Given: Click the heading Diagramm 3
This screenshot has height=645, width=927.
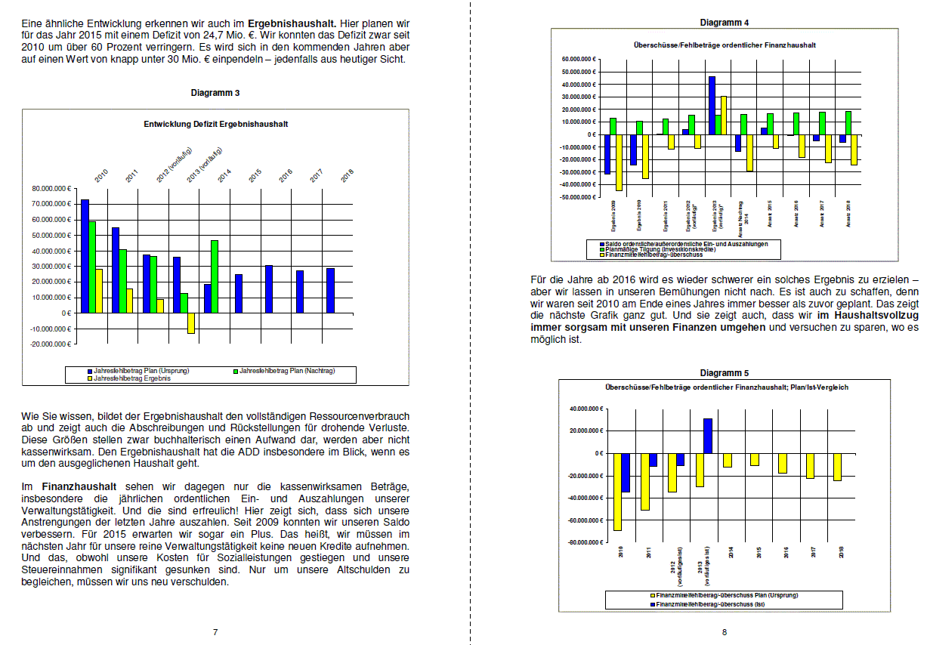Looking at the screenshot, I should pyautogui.click(x=215, y=92).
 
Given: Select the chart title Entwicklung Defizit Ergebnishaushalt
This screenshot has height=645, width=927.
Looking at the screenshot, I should pyautogui.click(x=215, y=124).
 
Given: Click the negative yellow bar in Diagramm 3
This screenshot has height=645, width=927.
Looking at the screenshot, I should pyautogui.click(x=191, y=322).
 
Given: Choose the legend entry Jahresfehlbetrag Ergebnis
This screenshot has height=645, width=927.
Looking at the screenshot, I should pyautogui.click(x=131, y=378).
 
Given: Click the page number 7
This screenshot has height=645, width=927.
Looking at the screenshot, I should pyautogui.click(x=215, y=631).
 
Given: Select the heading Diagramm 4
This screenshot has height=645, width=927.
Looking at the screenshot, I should pyautogui.click(x=724, y=22).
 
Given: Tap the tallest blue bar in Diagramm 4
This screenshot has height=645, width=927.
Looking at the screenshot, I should pyautogui.click(x=711, y=105).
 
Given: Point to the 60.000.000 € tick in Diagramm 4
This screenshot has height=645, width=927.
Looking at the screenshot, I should pyautogui.click(x=579, y=59).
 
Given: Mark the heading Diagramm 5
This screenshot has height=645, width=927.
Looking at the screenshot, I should pyautogui.click(x=724, y=373).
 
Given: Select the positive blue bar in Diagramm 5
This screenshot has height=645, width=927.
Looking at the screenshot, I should pyautogui.click(x=707, y=436).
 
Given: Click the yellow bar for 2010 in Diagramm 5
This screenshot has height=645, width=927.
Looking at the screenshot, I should pyautogui.click(x=617, y=492).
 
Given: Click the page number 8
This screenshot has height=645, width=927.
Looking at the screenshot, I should pyautogui.click(x=724, y=631).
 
